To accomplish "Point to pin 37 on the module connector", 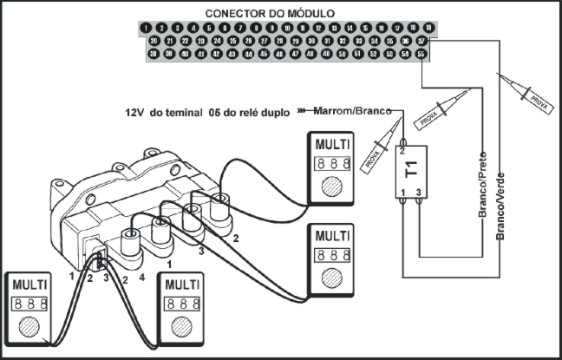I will (x=422, y=41).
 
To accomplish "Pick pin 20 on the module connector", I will (x=154, y=41).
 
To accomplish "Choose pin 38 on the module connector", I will (x=154, y=54).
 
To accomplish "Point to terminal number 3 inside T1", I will (x=419, y=191).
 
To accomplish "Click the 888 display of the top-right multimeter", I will (x=333, y=163).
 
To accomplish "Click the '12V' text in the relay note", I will (x=134, y=112).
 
